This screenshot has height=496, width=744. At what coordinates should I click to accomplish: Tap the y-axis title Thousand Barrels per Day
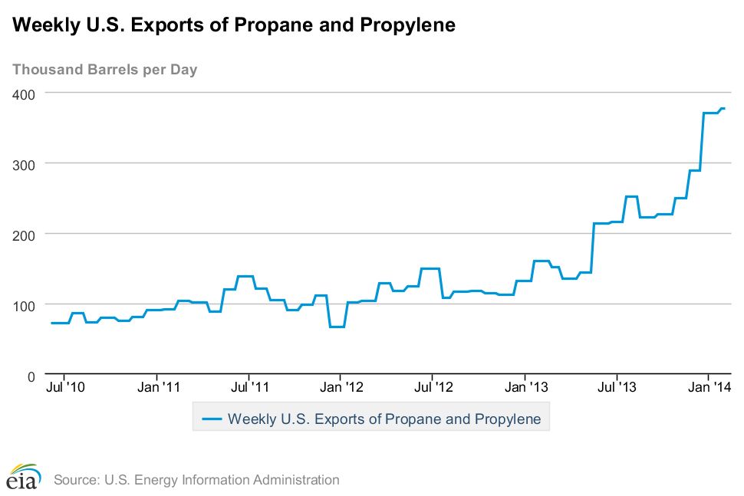coord(105,70)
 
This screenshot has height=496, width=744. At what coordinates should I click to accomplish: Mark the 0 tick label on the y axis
coord(32,376)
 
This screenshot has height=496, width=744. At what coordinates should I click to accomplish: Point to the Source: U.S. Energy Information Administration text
coord(196,480)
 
